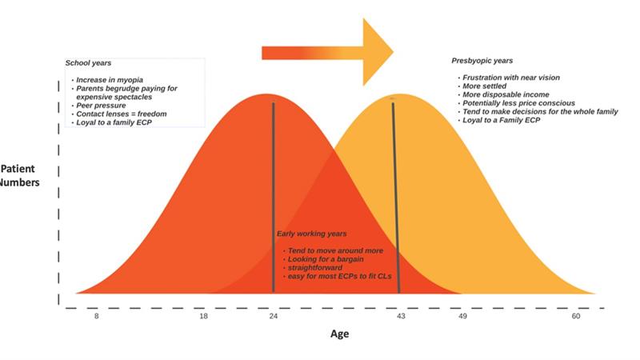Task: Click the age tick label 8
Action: click(96, 316)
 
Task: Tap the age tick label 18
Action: click(203, 316)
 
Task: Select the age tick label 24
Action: click(274, 316)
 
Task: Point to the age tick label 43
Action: click(402, 316)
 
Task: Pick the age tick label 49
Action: click(462, 316)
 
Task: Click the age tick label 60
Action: click(576, 316)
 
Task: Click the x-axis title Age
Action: click(339, 334)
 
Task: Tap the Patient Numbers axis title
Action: click(19, 175)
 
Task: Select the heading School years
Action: click(88, 63)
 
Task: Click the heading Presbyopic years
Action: click(482, 61)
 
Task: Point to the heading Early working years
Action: click(311, 234)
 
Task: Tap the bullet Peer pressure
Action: click(101, 106)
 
